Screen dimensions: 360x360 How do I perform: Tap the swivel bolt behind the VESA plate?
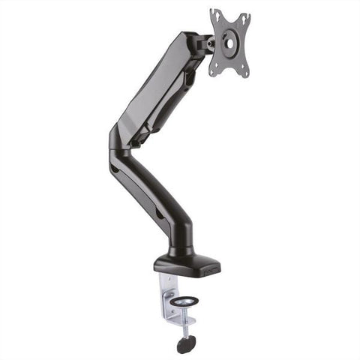click(x=211, y=44)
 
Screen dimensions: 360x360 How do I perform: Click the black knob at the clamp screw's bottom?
click(x=184, y=345)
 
